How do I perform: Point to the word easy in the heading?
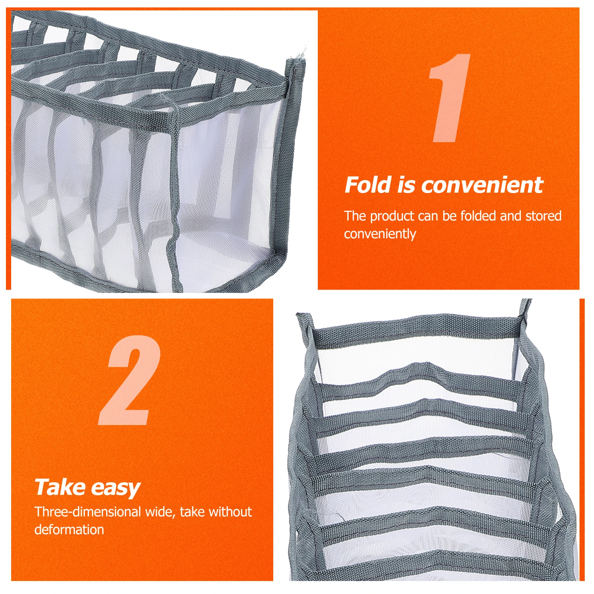pos(115,489)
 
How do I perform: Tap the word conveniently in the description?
pos(380,234)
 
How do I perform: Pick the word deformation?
pos(69,529)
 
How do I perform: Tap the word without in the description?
pos(231,512)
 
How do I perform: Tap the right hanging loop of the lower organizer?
pos(525,310)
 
